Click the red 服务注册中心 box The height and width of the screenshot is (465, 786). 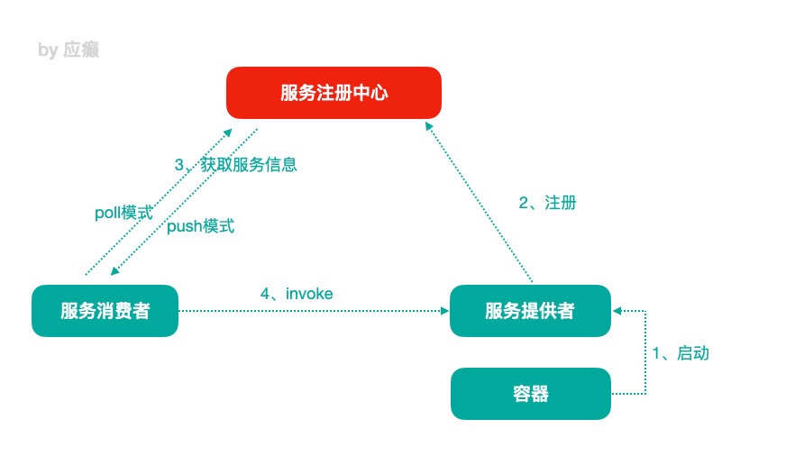[334, 93]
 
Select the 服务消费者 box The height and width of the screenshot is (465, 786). [105, 311]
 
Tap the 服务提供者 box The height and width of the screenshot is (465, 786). [530, 311]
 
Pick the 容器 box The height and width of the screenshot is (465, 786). [531, 393]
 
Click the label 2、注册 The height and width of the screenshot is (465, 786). [547, 203]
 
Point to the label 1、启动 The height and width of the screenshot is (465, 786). [681, 353]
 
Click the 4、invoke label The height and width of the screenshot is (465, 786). [297, 294]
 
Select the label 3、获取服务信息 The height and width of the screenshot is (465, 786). [235, 164]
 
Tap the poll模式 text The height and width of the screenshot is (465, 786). [123, 213]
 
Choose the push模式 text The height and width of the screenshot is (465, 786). [200, 226]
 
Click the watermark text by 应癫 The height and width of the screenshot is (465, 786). [69, 50]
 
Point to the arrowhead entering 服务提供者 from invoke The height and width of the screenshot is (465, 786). [444, 311]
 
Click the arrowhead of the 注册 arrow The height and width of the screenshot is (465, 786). [428, 126]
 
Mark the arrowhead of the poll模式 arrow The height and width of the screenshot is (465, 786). [228, 132]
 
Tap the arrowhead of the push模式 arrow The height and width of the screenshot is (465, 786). [114, 271]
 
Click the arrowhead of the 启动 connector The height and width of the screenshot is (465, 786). [617, 311]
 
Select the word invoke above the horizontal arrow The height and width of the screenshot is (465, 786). [309, 294]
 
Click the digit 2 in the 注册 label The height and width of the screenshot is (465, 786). [524, 203]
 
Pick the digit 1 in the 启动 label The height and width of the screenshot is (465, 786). [655, 353]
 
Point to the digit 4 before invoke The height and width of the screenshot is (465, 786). [265, 294]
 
